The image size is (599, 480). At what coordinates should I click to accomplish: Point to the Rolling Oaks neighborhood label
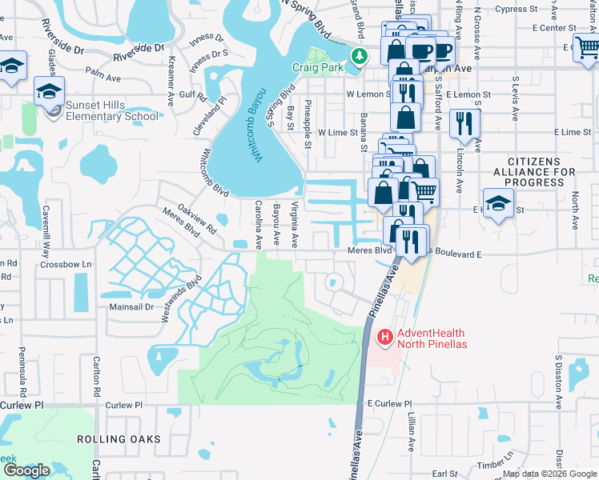pyautogui.click(x=119, y=439)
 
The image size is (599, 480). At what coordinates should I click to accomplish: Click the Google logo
pyautogui.click(x=26, y=470)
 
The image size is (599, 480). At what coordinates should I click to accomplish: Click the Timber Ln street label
pyautogui.click(x=491, y=464)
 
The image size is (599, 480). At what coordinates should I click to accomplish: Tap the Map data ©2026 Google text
pyautogui.click(x=549, y=473)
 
